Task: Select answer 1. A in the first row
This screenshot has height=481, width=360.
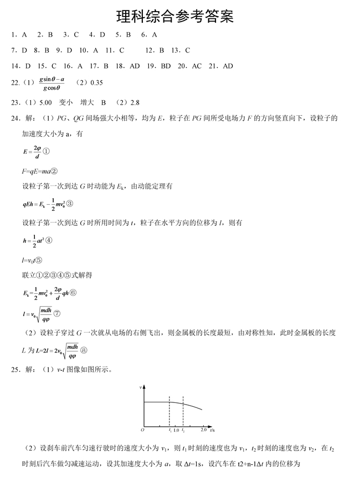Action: pos(19,34)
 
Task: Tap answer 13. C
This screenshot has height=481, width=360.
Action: pos(181,50)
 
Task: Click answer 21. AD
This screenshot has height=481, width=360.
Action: pos(221,66)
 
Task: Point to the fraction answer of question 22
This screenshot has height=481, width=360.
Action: pos(53,83)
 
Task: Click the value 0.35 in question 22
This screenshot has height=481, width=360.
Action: pos(96,83)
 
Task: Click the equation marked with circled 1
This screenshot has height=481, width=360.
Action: pos(37,151)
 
